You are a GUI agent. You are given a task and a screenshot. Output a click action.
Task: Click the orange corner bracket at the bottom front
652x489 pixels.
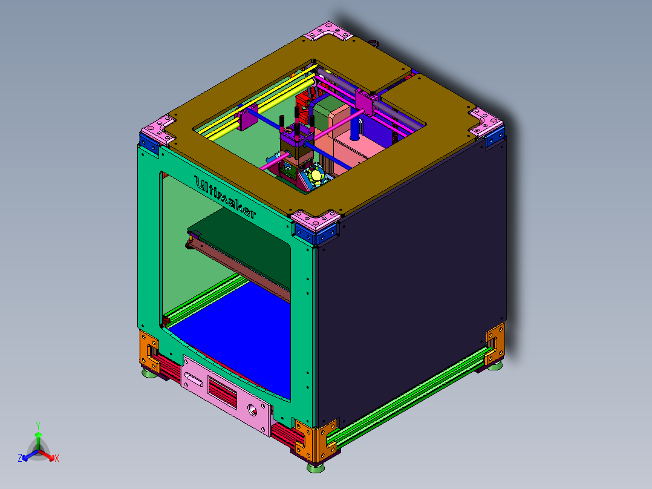315,441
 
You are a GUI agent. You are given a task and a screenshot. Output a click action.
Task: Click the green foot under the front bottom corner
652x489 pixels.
315,467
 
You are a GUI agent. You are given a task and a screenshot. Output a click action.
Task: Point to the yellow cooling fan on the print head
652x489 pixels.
316,176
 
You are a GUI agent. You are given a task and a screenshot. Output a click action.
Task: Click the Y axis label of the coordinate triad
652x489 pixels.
38,425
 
